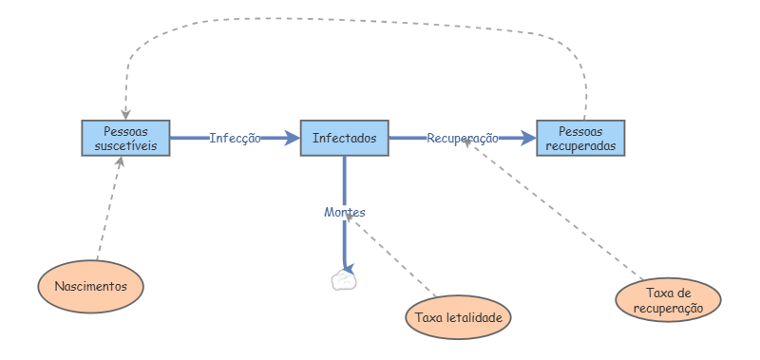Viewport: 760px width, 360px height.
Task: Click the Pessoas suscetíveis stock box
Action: click(125, 138)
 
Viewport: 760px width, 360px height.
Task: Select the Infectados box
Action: click(345, 138)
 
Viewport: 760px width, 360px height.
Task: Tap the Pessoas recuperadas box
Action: click(580, 138)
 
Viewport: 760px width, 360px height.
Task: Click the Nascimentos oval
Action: click(90, 286)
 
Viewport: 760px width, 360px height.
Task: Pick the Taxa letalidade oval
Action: click(458, 317)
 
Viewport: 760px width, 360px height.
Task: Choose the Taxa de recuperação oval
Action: click(669, 300)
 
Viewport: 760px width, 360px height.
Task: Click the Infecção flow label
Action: click(235, 138)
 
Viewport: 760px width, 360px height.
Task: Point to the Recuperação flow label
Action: click(463, 138)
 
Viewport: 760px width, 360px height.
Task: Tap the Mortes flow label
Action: click(345, 212)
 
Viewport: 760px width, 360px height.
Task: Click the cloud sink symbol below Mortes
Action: click(344, 281)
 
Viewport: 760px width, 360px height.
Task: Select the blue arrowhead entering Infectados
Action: click(293, 138)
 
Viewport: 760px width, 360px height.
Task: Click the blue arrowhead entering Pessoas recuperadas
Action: click(528, 138)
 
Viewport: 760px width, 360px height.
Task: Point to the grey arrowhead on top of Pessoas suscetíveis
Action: click(125, 115)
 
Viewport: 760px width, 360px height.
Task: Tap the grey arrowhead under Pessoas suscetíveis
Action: click(121, 161)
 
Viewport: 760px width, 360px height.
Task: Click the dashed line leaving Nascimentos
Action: click(108, 208)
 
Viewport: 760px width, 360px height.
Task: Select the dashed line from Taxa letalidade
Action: click(390, 256)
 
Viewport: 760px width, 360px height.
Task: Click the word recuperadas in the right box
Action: click(580, 145)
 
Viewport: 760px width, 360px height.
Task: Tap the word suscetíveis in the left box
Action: click(125, 145)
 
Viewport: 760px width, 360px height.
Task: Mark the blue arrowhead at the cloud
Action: click(350, 269)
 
